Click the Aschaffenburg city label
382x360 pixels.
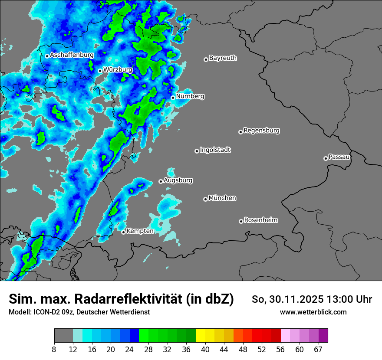(x=72, y=55)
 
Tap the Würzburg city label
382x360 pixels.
(x=118, y=69)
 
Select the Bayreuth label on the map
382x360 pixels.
(x=223, y=58)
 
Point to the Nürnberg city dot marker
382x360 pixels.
(x=173, y=98)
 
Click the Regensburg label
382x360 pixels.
(x=261, y=131)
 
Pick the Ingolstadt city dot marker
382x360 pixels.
(x=197, y=151)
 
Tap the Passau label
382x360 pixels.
(x=339, y=157)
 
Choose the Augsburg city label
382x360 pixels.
(x=178, y=180)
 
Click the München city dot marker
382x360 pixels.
(x=205, y=199)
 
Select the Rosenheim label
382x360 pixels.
(x=260, y=220)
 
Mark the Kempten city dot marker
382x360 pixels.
(x=123, y=232)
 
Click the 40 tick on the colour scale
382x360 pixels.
(x=205, y=349)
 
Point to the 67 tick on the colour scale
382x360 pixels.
(x=318, y=349)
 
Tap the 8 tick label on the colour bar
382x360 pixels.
(x=54, y=349)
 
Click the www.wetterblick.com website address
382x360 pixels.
(x=313, y=312)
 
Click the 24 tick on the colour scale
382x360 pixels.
(x=130, y=349)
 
